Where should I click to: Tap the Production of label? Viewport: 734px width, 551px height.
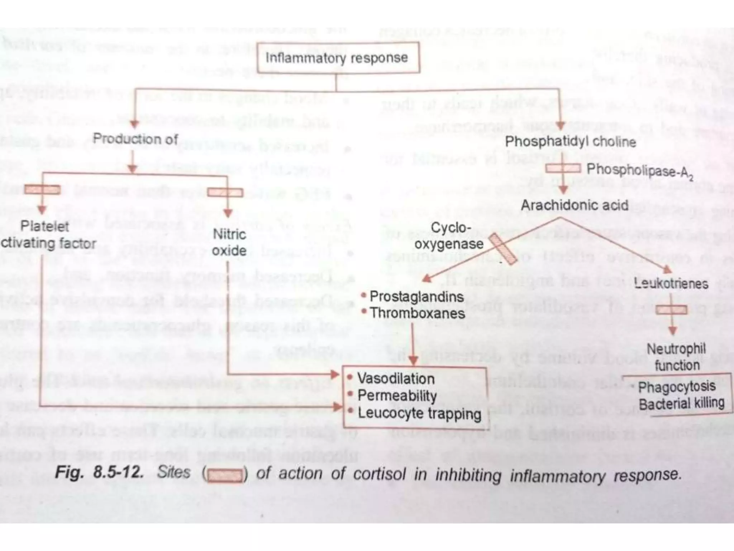tap(135, 139)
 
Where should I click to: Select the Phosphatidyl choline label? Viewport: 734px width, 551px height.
tap(571, 142)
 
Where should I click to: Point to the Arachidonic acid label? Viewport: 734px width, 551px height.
tap(575, 205)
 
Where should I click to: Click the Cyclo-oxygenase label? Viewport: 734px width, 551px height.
tap(449, 236)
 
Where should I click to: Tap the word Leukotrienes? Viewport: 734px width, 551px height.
tap(671, 283)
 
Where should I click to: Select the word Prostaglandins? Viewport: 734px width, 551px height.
tap(416, 297)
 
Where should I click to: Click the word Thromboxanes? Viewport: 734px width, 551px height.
tap(418, 313)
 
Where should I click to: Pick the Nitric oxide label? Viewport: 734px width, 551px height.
tap(229, 242)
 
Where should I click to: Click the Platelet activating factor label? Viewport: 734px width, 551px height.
tap(48, 235)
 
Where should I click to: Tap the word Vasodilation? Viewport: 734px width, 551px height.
tap(396, 378)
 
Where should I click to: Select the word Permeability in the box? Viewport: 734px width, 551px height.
tap(397, 395)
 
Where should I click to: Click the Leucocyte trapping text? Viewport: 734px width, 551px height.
tap(419, 413)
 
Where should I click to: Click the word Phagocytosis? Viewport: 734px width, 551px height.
tap(677, 387)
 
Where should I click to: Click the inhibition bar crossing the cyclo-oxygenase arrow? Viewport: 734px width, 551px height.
tap(503, 249)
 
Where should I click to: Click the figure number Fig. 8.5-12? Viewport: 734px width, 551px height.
tap(99, 472)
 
